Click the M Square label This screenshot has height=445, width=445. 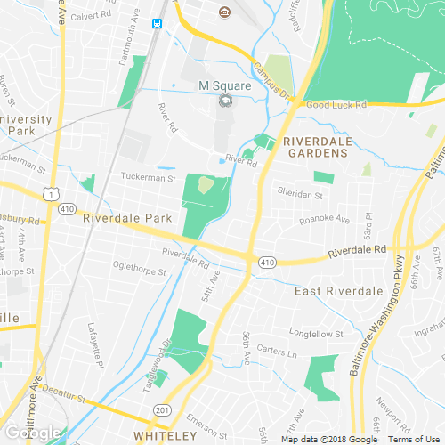224,86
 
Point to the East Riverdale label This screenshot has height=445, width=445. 338,291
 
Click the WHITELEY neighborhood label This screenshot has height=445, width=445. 164,435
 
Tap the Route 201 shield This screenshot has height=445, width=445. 161,409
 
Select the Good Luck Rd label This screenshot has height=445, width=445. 336,105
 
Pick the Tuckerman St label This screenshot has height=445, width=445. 148,178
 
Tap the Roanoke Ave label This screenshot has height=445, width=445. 324,219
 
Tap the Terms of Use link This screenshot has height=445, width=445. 412,439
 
